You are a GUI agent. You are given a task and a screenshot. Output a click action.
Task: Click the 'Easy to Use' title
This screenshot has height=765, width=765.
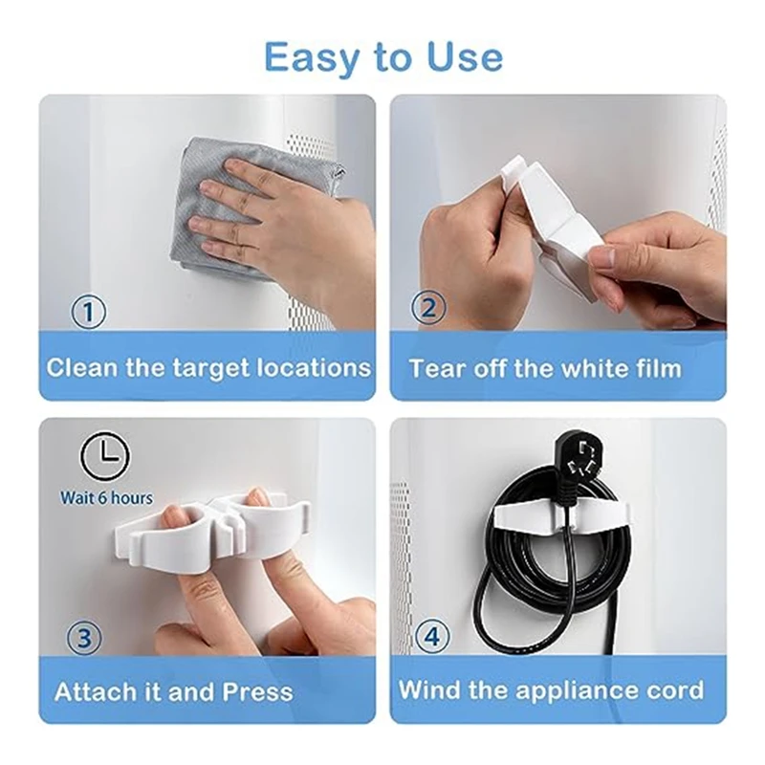[383, 58]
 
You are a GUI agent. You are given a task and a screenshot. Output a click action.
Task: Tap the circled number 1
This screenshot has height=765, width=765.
[88, 312]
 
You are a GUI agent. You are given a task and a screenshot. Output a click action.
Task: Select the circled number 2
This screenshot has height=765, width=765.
[427, 308]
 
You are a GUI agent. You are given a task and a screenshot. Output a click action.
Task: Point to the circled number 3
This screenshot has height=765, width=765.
[84, 638]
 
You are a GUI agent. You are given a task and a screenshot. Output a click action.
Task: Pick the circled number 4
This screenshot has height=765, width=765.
[432, 636]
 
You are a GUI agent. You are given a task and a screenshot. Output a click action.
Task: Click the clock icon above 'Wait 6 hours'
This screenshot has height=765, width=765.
[105, 457]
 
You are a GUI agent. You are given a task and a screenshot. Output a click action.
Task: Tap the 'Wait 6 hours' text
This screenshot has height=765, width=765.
[106, 498]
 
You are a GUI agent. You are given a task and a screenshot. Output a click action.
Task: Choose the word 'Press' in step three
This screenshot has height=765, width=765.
[257, 691]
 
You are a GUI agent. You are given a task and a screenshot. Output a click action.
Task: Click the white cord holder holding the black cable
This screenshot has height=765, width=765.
[562, 517]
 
